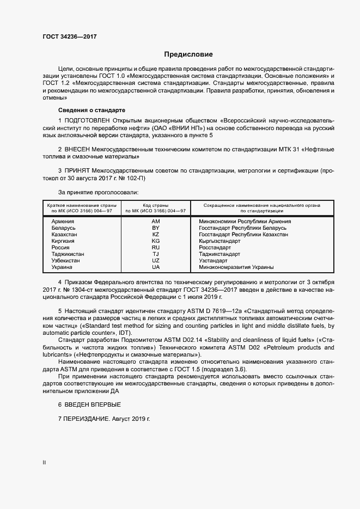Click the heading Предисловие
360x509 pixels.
tap(188, 54)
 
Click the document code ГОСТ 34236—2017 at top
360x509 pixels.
tap(70, 36)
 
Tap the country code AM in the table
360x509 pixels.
tap(155, 222)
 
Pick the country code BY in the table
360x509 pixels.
tap(155, 228)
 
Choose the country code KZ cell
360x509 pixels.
tap(155, 235)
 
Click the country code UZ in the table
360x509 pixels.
tap(155, 261)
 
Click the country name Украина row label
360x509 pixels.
tap(62, 267)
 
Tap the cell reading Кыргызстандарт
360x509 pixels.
tap(219, 241)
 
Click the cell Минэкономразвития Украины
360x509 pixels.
tap(236, 267)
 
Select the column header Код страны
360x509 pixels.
tap(155, 205)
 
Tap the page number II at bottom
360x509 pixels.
tap(44, 463)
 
